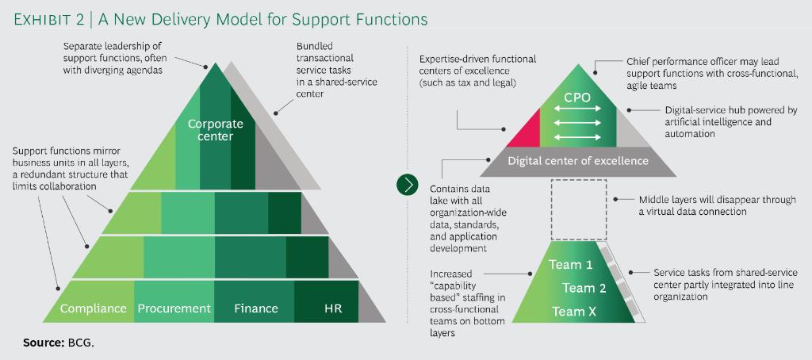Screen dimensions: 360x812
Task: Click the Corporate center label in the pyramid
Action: point(216,130)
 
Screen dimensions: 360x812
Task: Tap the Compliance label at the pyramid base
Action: point(94,308)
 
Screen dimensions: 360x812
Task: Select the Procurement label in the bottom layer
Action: point(174,308)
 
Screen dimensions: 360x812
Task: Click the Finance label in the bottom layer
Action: point(256,308)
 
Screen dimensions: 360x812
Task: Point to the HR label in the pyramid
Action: point(333,308)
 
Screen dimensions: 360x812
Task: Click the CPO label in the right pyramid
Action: point(576,98)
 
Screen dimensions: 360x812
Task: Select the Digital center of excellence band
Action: point(577,161)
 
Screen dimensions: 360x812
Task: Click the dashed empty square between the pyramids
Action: point(578,209)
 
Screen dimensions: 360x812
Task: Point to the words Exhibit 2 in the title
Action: point(49,18)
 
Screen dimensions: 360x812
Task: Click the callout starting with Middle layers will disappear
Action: point(717,206)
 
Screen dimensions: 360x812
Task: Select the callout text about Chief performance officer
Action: point(712,73)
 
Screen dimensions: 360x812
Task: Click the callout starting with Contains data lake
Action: point(468,218)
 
